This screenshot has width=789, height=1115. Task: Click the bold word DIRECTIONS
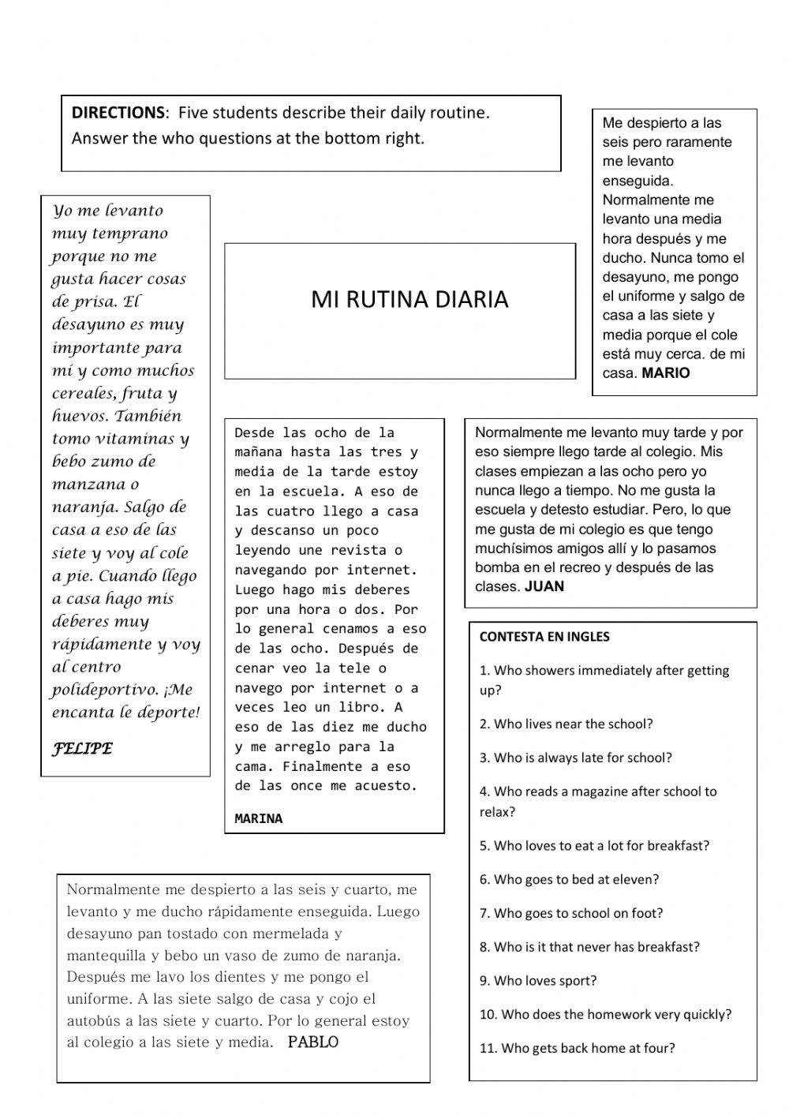tap(119, 113)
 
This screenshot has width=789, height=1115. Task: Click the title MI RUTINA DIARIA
tap(409, 300)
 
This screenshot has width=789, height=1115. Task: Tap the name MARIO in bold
tap(665, 373)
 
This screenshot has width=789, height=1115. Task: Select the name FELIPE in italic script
tap(82, 749)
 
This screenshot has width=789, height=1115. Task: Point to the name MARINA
tap(258, 819)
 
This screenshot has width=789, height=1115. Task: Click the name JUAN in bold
tap(544, 586)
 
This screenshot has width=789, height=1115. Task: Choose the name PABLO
tap(312, 1042)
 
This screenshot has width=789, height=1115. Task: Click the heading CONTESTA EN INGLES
tap(544, 637)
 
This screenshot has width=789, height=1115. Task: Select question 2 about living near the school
tap(566, 724)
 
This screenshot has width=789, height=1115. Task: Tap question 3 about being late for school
tap(575, 758)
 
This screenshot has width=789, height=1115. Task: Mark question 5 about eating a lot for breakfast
tap(594, 846)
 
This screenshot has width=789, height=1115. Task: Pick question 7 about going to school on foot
tap(571, 913)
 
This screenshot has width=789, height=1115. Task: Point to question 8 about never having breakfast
tap(589, 947)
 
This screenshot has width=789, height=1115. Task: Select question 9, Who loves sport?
tap(538, 981)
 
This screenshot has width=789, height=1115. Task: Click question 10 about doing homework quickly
tap(605, 1015)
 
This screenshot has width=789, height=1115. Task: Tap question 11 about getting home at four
tap(577, 1049)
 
